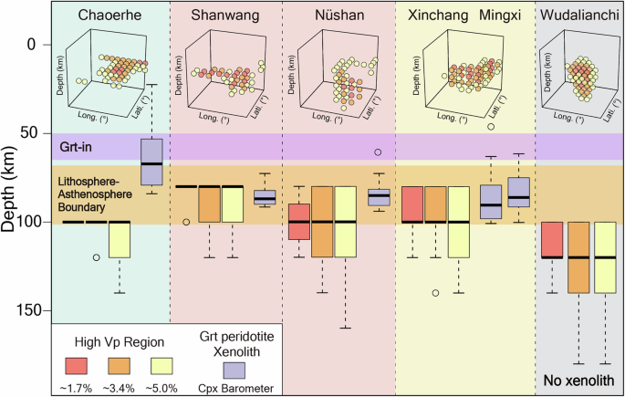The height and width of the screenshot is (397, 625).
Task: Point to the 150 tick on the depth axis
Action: click(x=32, y=310)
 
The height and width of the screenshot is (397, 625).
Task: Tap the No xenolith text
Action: click(x=578, y=380)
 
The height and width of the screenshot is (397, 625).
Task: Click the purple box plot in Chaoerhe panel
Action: click(x=151, y=162)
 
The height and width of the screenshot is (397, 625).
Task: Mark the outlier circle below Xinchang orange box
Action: click(x=436, y=293)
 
